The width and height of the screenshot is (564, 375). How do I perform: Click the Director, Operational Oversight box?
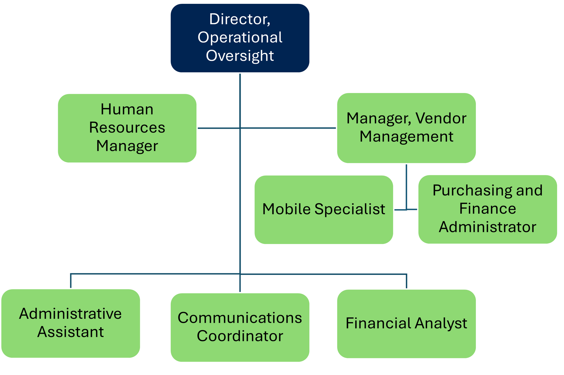coord(240,38)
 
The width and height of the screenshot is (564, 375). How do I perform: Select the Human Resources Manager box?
coord(127,128)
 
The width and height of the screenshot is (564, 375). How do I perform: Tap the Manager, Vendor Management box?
coord(406,128)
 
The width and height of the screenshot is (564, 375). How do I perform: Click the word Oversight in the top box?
coord(240,56)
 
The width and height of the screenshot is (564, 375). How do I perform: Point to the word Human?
coord(127,109)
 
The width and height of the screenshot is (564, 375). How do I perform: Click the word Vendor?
coord(441,118)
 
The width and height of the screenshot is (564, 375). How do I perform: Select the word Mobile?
coord(286,209)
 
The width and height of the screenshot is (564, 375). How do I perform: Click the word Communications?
coord(240,318)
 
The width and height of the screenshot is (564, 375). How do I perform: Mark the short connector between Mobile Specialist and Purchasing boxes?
coord(406,210)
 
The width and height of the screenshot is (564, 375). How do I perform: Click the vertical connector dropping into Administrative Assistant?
coord(71,281)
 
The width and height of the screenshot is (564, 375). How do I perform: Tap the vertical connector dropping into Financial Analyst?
coord(406,281)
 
